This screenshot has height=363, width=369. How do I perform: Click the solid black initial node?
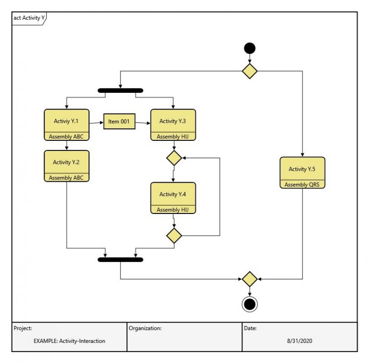[x=249, y=48]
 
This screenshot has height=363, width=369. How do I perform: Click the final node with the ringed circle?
[x=249, y=304]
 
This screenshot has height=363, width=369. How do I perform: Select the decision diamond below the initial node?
[x=249, y=71]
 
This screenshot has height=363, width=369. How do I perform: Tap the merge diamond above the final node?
[x=249, y=279]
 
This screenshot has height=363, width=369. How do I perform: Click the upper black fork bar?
[x=120, y=90]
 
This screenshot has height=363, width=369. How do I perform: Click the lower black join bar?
[x=120, y=260]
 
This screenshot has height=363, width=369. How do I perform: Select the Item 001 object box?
[x=119, y=122]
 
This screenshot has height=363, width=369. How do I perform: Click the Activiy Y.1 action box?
[x=66, y=122]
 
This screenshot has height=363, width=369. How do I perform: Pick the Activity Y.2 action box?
[x=66, y=163]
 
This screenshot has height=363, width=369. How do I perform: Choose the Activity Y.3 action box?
[x=173, y=122]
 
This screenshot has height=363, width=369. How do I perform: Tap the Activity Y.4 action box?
[x=173, y=194]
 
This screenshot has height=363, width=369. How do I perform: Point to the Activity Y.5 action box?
[x=302, y=169]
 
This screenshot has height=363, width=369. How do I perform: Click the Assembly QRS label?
[x=302, y=184]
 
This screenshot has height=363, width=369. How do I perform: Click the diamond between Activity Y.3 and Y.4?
[x=173, y=158]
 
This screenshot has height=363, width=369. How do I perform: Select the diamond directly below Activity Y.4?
[x=173, y=236]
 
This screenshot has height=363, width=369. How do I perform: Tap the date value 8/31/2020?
[x=299, y=341]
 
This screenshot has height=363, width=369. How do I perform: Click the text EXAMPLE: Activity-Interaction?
[x=69, y=341]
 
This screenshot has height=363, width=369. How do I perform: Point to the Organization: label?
[x=145, y=328]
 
